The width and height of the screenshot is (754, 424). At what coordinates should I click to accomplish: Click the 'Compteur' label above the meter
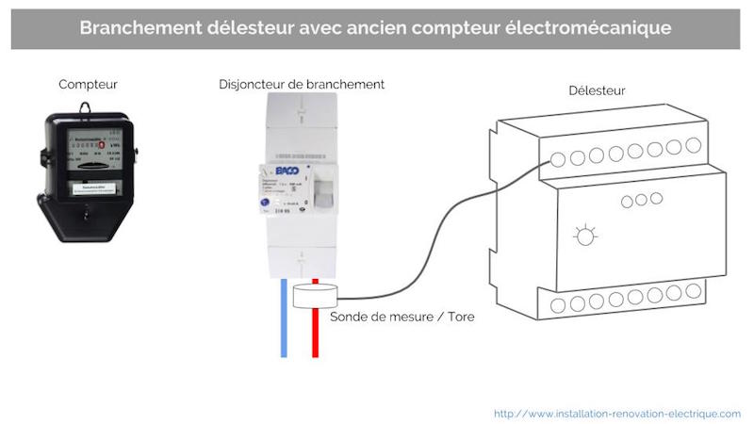coord(88,85)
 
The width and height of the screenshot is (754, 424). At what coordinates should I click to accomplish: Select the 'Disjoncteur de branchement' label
coord(302,84)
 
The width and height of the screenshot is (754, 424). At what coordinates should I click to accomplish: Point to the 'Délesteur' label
coord(597,90)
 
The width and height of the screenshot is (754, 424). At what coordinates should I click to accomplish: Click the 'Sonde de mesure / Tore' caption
coord(402,318)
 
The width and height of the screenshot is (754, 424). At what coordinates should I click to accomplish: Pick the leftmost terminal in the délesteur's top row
coord(558,159)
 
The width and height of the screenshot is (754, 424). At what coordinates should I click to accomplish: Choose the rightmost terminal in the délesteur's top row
coord(693,146)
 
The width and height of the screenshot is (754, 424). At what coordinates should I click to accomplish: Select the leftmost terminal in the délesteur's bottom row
coord(558,305)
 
